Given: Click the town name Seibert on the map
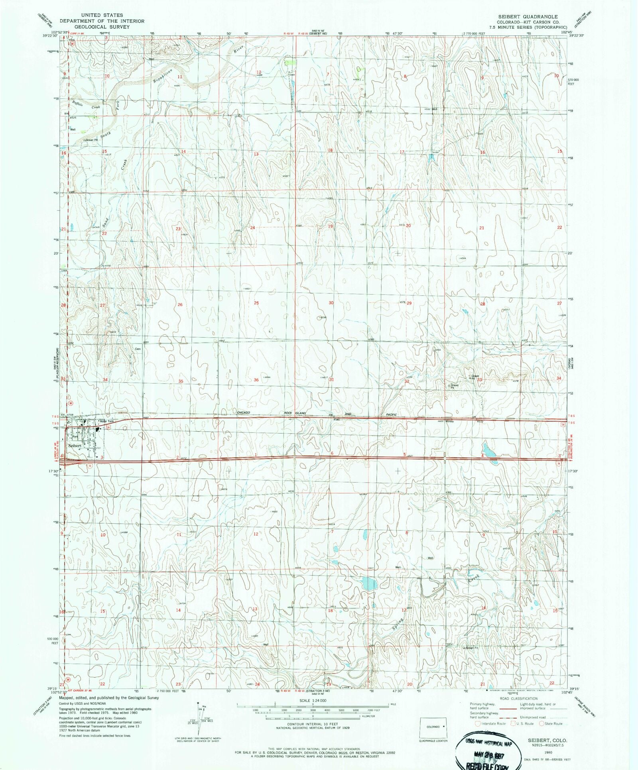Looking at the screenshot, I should (75, 446).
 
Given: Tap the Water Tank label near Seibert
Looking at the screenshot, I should (106, 421).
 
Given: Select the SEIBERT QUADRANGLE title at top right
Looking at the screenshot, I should (527, 17).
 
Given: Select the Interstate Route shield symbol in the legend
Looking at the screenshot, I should (478, 723).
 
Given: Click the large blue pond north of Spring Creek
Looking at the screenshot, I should (368, 584).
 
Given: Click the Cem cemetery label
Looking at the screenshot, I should (138, 349).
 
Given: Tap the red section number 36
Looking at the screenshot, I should (256, 380).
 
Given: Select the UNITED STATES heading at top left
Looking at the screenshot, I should (102, 15).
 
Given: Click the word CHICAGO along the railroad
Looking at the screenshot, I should (243, 412).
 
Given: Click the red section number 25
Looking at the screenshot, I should (256, 303).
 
